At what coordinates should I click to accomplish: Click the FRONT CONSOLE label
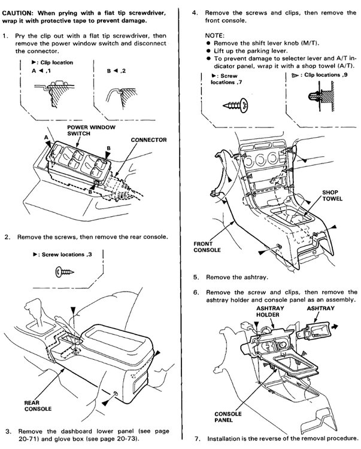click(207, 247)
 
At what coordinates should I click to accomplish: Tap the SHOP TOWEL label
click(330, 196)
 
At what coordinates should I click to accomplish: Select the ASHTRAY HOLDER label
click(269, 311)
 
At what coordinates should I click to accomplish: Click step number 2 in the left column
click(7, 236)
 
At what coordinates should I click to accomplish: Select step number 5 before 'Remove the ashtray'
click(196, 278)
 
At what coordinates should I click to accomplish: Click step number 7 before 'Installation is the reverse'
click(196, 439)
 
